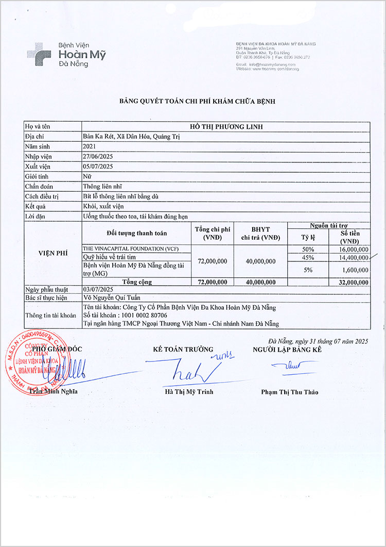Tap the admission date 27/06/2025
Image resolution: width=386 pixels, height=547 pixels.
pyautogui.click(x=98, y=156)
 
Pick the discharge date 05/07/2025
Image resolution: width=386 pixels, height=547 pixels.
pyautogui.click(x=98, y=166)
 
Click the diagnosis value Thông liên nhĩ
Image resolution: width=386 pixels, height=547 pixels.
pyautogui.click(x=102, y=186)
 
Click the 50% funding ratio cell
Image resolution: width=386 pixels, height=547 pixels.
pyautogui.click(x=308, y=249)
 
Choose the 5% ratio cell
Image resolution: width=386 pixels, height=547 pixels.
pyautogui.click(x=308, y=269)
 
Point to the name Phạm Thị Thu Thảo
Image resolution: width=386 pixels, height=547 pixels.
pyautogui.click(x=289, y=392)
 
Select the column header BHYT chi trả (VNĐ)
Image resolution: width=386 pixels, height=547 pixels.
pyautogui.click(x=260, y=234)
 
